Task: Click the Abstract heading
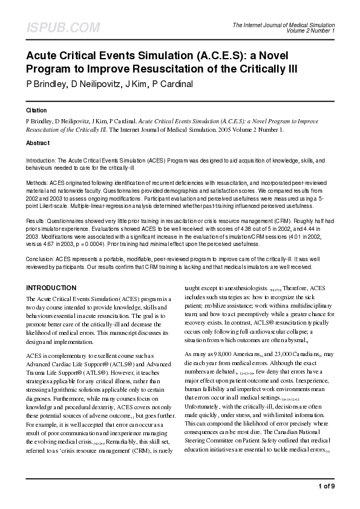(x=38, y=143)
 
